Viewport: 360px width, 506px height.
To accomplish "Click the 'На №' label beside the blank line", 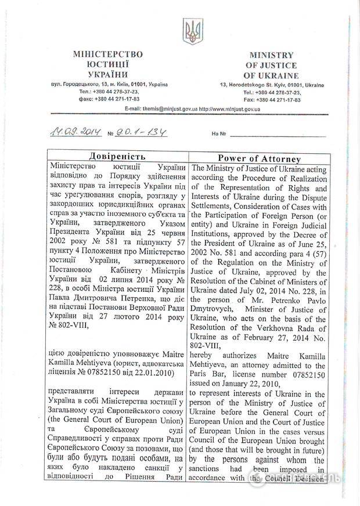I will (x=219, y=134).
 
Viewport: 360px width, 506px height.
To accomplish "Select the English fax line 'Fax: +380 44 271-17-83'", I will (x=272, y=100).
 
